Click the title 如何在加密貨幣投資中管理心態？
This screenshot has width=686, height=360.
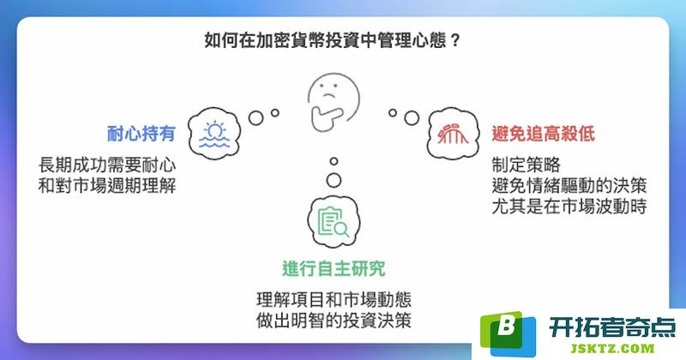coord(332,40)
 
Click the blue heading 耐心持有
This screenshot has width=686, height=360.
coord(141,134)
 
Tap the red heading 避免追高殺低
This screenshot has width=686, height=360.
coord(544,134)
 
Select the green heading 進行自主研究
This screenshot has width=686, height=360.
coord(334,268)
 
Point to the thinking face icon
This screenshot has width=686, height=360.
coord(334,102)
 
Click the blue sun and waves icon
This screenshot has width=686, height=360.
coord(214,135)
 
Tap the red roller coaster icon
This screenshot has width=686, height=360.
coord(454,134)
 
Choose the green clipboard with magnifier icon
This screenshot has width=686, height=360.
coord(334,222)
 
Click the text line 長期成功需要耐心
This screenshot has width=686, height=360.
coord(107,165)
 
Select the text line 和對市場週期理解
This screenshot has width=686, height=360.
coord(107,186)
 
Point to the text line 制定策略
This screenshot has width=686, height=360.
coord(526,165)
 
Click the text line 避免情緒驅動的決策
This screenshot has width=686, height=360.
coord(569,186)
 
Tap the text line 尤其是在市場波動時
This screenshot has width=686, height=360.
coord(569,207)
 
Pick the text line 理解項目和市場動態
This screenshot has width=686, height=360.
coord(334,300)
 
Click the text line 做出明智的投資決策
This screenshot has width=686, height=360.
coord(334,321)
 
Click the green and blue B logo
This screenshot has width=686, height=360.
coord(508,333)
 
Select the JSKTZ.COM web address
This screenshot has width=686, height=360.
coord(612,349)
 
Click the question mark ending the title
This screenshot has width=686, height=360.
coord(455,40)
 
